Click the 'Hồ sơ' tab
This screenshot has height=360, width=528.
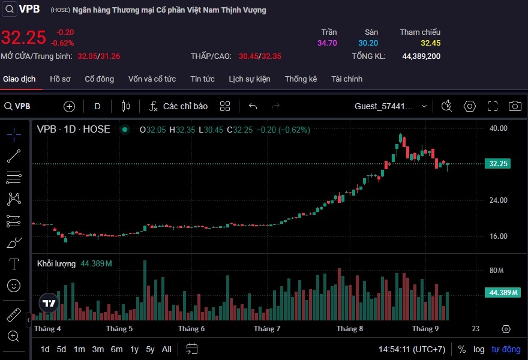click(x=60, y=79)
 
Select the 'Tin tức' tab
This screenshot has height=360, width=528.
click(x=202, y=79)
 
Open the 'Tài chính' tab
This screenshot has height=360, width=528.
click(x=347, y=79)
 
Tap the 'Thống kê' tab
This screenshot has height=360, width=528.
click(x=301, y=79)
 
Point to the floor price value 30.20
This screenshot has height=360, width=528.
click(x=368, y=43)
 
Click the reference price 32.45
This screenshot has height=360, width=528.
click(x=430, y=43)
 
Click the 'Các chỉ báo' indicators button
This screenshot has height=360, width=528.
click(x=178, y=106)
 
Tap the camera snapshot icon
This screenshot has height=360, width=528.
click(x=515, y=106)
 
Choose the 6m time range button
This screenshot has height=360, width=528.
click(x=116, y=349)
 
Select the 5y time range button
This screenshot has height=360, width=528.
click(x=150, y=349)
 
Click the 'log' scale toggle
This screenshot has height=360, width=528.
click(x=479, y=349)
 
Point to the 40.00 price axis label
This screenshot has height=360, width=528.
click(x=498, y=128)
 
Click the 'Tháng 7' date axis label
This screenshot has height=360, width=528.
click(x=267, y=329)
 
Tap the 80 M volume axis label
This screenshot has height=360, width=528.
click(x=496, y=271)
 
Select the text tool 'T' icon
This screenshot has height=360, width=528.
click(x=14, y=264)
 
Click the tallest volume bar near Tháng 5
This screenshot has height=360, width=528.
click(x=145, y=290)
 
